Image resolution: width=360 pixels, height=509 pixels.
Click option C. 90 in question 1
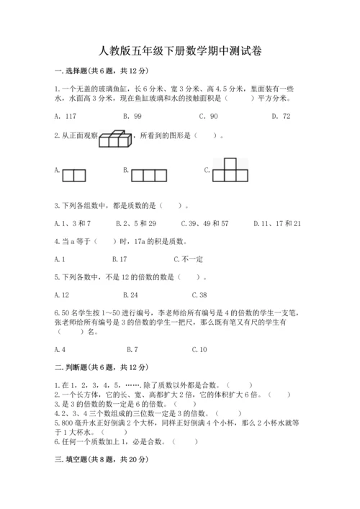(x=210, y=116)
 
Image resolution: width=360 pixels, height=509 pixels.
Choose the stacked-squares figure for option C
(x=230, y=171)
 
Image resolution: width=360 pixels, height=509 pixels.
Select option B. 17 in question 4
(x=120, y=258)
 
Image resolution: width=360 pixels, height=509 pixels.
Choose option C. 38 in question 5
(x=200, y=294)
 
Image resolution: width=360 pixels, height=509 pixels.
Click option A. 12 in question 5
(x=62, y=294)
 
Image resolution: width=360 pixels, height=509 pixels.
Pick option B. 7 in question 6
(x=132, y=349)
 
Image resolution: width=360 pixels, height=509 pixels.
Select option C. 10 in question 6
(x=200, y=349)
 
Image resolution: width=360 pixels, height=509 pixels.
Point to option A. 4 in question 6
(x=60, y=349)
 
